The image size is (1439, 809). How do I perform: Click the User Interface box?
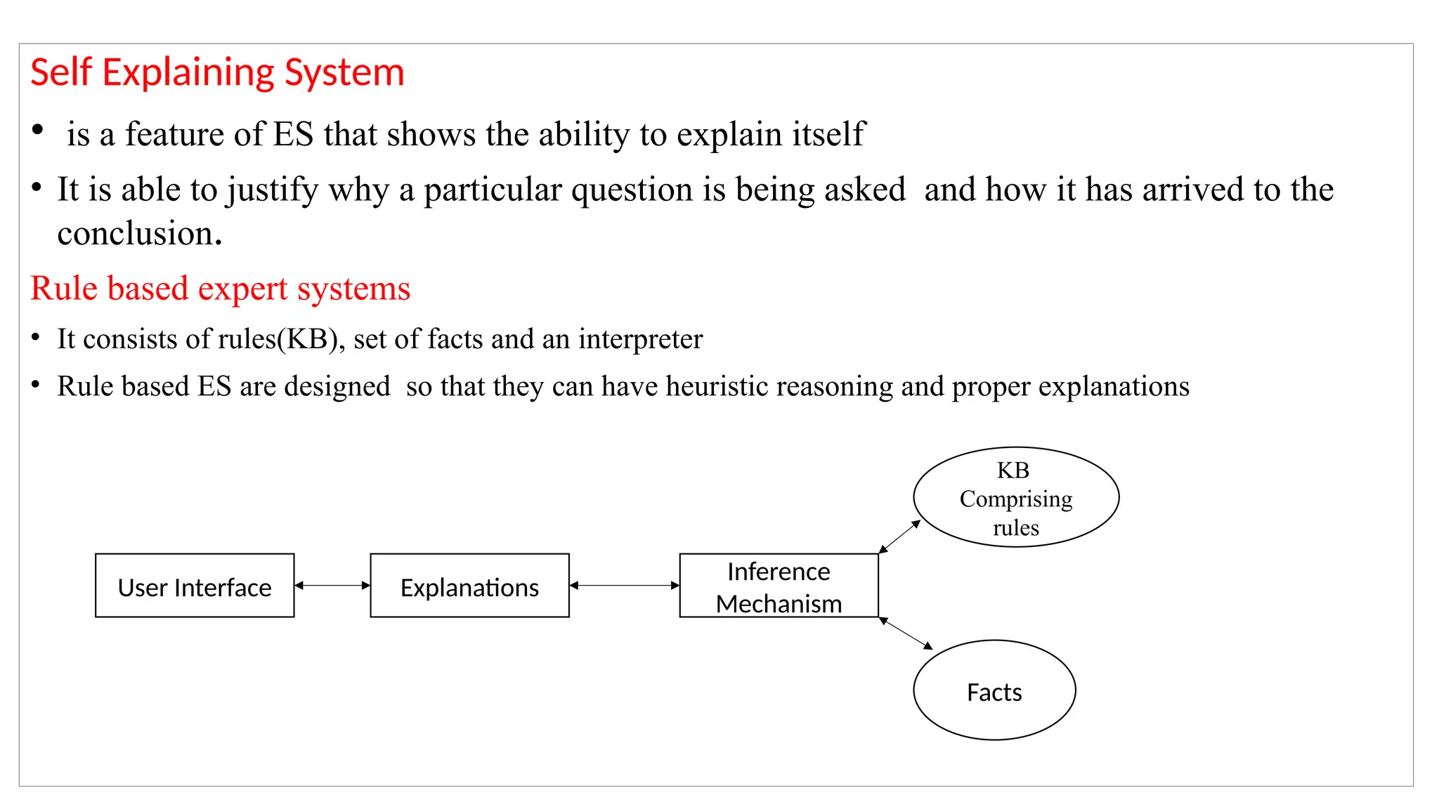click(x=195, y=586)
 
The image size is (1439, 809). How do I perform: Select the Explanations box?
click(x=469, y=586)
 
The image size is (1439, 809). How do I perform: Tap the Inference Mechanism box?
click(x=779, y=586)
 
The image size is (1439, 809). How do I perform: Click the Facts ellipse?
click(x=994, y=690)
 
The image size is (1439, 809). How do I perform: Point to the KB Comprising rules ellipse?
click(x=1016, y=497)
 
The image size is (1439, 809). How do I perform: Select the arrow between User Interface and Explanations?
click(x=332, y=585)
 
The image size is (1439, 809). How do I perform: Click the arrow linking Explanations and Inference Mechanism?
click(x=624, y=585)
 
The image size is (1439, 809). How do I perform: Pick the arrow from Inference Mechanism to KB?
click(x=900, y=537)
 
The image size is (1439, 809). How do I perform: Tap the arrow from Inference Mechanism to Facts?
click(x=906, y=633)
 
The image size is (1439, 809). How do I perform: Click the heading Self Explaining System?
click(x=217, y=72)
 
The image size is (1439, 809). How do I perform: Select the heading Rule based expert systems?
click(x=220, y=289)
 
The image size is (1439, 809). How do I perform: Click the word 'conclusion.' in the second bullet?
click(x=139, y=233)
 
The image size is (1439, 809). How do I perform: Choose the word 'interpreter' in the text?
click(x=640, y=339)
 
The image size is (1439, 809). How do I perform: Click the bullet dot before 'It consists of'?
click(x=36, y=337)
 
